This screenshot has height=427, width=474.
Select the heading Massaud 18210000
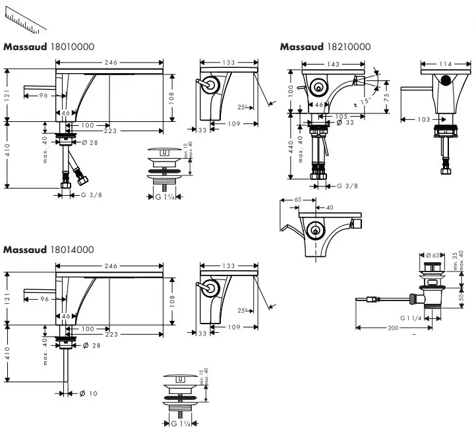point(325,47)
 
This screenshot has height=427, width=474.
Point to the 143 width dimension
point(334,64)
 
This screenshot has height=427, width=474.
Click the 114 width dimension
point(445,64)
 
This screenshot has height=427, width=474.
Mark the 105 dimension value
point(343,115)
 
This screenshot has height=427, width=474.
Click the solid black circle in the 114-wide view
point(446,80)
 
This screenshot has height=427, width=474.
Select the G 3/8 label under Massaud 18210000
point(347,186)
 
